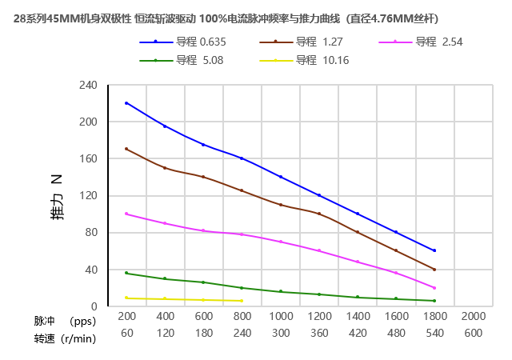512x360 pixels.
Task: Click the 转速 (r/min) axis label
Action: pos(65,338)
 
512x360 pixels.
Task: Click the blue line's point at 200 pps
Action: pos(126,103)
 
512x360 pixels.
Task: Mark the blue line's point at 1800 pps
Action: pos(434,250)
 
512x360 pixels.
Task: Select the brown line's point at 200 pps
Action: pos(126,149)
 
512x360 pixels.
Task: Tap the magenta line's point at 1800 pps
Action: pos(434,288)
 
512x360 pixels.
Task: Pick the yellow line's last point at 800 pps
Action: pos(242,301)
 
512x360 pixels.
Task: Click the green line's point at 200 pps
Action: pos(126,273)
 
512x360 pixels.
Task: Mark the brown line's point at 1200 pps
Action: pos(319,214)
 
